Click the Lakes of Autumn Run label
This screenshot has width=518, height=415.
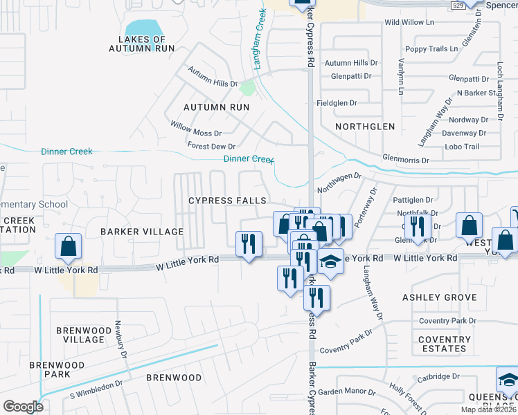click(141, 44)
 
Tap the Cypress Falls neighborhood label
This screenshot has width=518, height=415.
click(228, 201)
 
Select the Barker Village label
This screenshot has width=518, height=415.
click(142, 232)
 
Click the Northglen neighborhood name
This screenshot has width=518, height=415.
click(364, 127)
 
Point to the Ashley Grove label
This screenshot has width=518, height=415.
click(440, 297)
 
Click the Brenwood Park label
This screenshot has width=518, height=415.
click(57, 369)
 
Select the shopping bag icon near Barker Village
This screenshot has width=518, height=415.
click(69, 247)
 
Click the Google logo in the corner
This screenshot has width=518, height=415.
click(23, 406)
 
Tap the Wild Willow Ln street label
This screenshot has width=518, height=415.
click(409, 23)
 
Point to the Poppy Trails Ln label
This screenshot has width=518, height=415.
click(431, 49)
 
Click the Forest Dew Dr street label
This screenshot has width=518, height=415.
click(211, 146)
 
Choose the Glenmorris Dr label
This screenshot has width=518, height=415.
click(406, 160)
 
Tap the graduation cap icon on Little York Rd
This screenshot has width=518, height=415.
click(331, 263)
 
